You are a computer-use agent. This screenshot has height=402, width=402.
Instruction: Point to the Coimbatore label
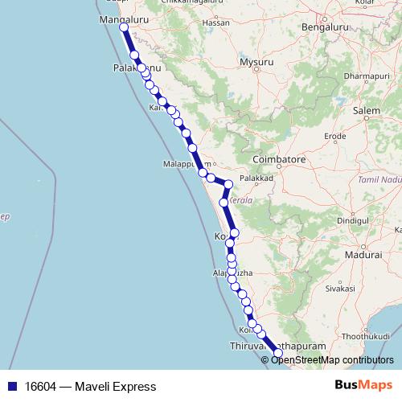click(276, 160)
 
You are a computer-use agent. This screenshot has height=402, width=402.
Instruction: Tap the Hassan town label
click(216, 45)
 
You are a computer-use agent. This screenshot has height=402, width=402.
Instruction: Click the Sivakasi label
click(340, 287)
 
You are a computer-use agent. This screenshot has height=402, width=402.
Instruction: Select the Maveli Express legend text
click(85, 387)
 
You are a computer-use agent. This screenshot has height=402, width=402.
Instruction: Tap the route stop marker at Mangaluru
click(124, 28)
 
